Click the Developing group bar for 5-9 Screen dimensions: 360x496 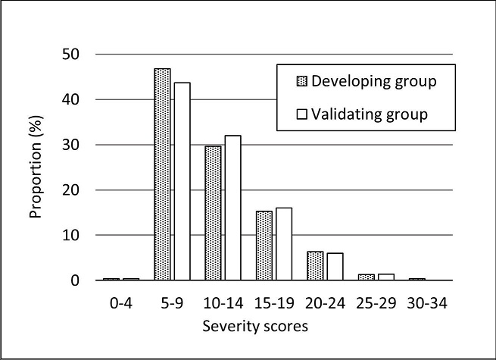[162, 174]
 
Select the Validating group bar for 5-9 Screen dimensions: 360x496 [181, 181]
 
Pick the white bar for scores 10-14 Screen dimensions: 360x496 [232, 208]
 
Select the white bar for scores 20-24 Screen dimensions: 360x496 [335, 267]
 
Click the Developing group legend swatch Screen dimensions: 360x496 [301, 81]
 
